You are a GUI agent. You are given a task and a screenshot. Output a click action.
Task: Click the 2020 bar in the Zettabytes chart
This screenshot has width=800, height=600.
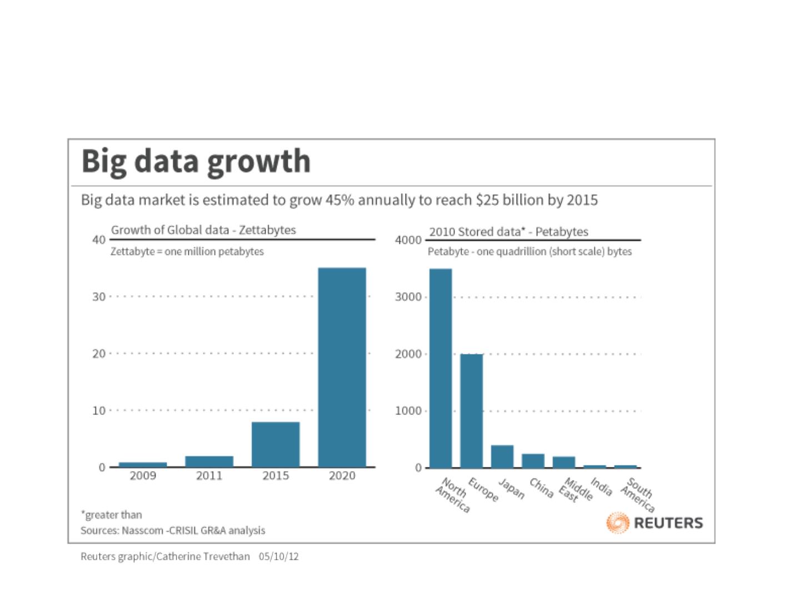coord(342,367)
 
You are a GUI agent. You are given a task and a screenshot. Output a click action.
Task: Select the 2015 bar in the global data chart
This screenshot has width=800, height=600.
coord(276,444)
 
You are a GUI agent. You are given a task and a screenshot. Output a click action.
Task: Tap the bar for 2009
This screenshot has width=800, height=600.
coord(143,464)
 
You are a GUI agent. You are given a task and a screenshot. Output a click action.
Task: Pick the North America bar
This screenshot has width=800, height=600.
coord(441,368)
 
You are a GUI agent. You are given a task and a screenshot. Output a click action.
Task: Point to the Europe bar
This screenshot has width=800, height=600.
coord(472,411)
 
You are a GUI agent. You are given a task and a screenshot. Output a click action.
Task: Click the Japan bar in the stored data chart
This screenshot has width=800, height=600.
coord(502,456)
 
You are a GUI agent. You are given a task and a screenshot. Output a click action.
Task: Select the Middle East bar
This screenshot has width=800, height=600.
coord(564,462)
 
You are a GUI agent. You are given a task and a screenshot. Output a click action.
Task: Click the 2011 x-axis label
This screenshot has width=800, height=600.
coord(209,476)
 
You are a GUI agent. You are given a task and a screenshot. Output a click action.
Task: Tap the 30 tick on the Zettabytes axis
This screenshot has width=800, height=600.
coord(99,297)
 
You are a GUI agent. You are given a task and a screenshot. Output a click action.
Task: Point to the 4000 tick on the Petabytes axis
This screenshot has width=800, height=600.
coord(408,240)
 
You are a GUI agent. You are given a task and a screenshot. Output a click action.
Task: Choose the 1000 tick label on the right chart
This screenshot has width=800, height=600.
coord(408,411)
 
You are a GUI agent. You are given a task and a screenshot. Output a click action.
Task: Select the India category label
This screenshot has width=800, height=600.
coord(601,487)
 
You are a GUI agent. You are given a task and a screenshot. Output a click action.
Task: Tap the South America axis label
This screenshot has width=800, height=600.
coord(638,495)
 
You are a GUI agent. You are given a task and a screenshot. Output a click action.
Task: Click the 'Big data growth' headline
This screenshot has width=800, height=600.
coord(196,161)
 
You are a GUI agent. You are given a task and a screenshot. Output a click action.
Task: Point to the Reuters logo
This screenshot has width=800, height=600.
coord(655,523)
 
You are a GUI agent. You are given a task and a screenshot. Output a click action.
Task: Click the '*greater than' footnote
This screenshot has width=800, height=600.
coord(111,514)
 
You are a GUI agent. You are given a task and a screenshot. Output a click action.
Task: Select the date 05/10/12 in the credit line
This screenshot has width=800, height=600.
coord(278,556)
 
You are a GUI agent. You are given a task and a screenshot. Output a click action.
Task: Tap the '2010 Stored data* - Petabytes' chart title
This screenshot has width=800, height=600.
coord(508,232)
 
